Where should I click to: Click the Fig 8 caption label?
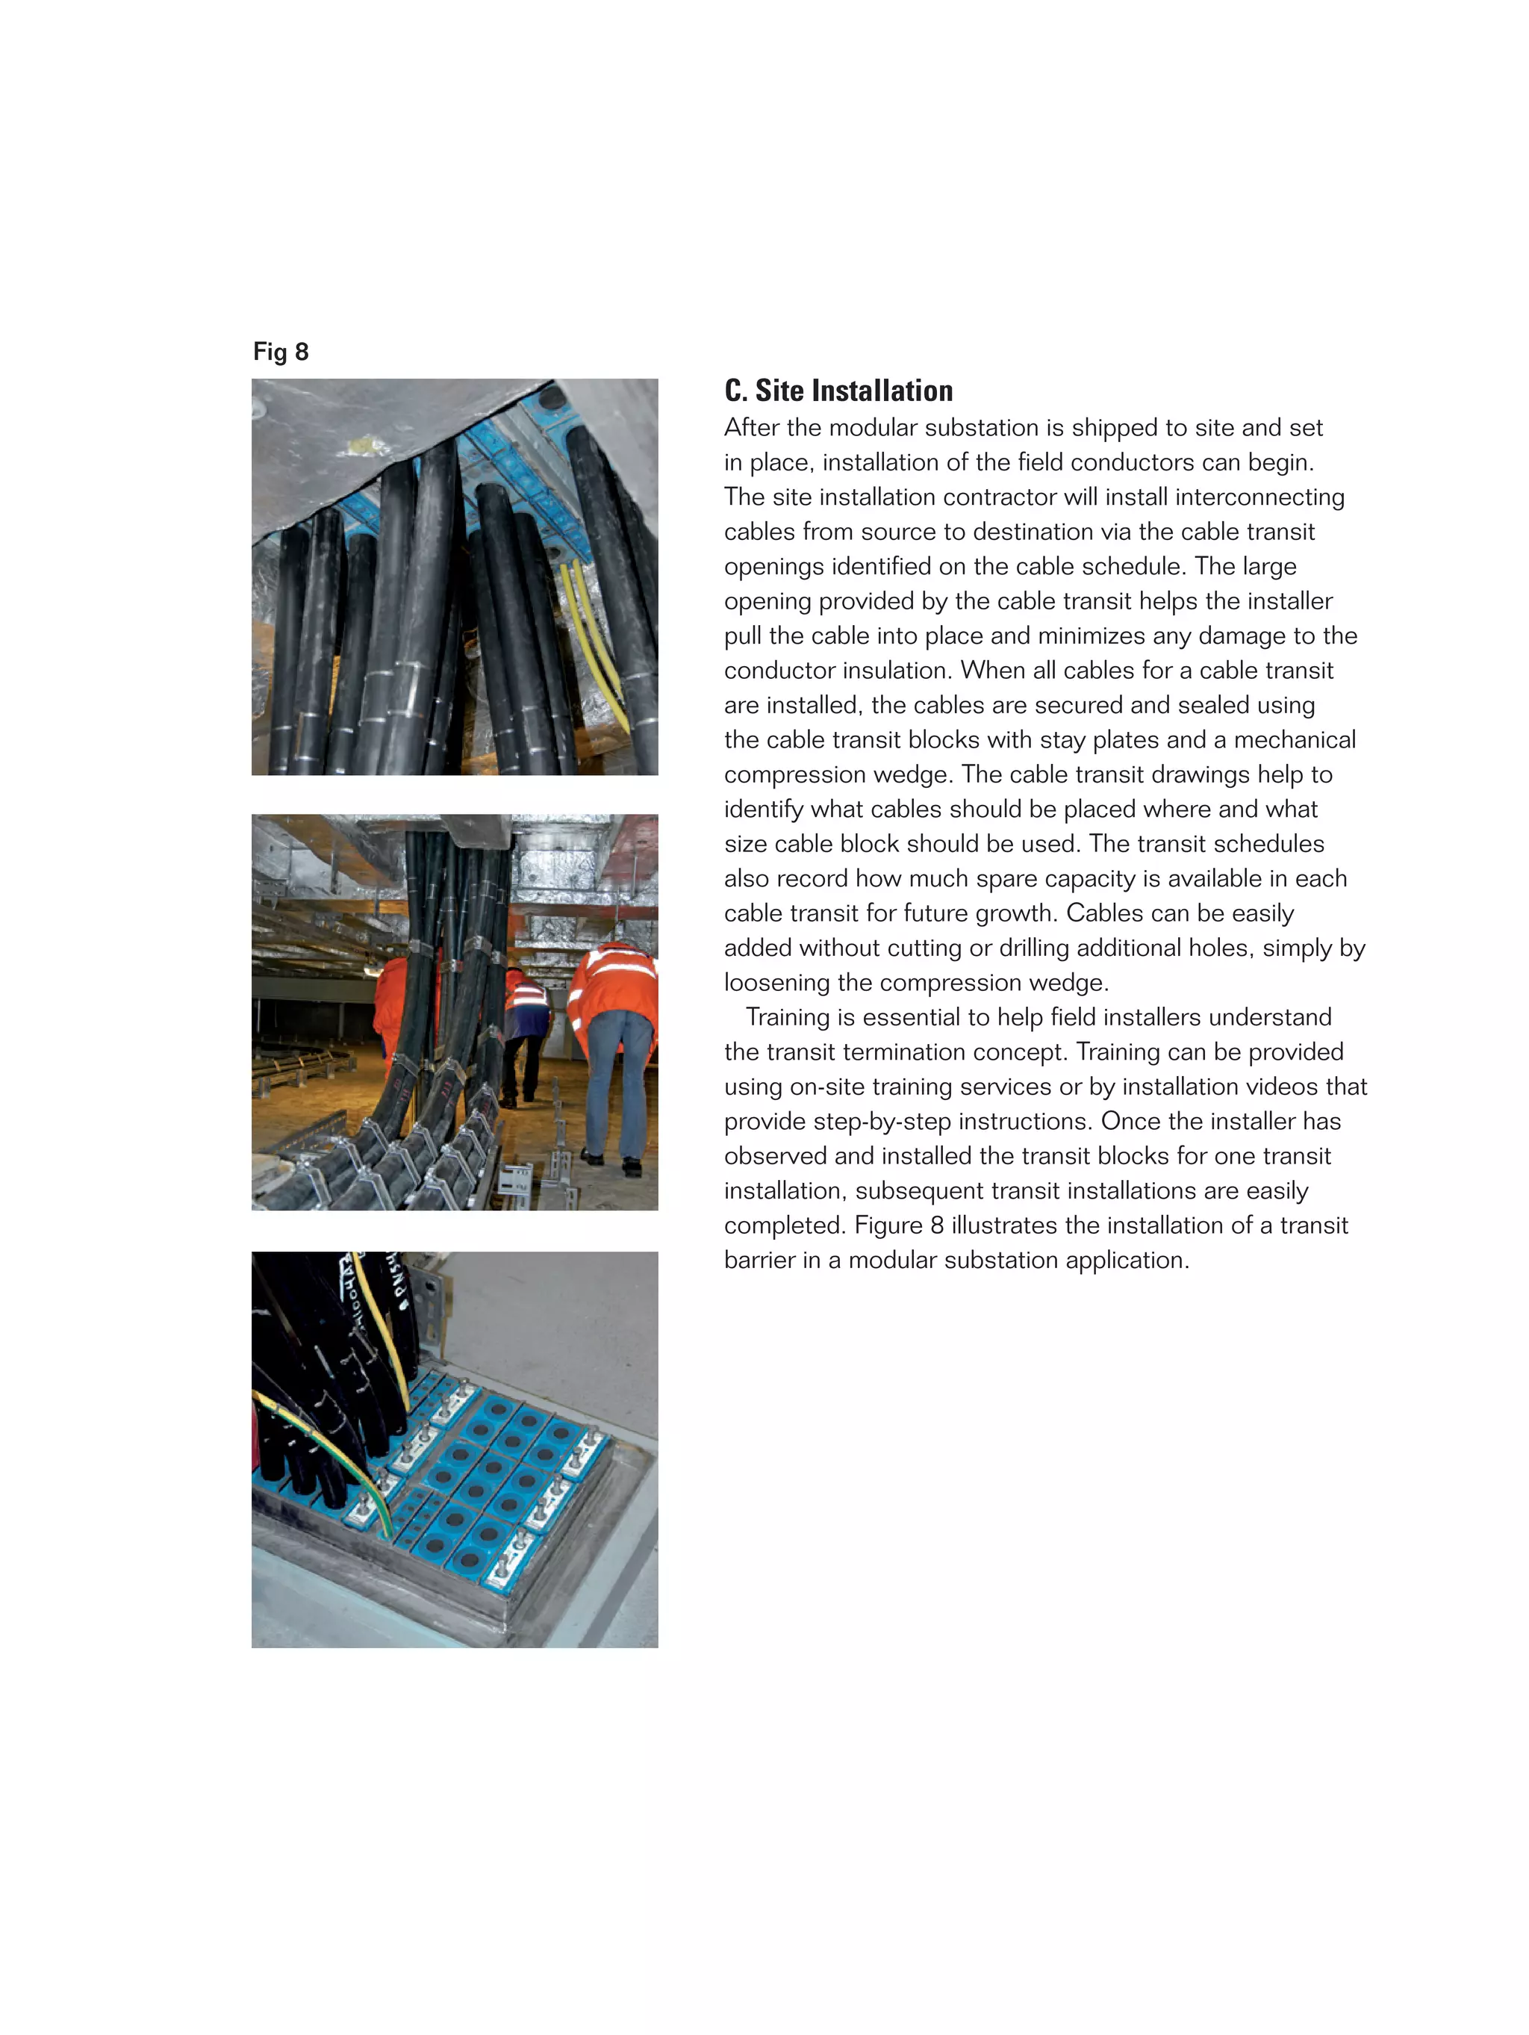pos(281,352)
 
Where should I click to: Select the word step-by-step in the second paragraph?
pos(898,1122)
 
